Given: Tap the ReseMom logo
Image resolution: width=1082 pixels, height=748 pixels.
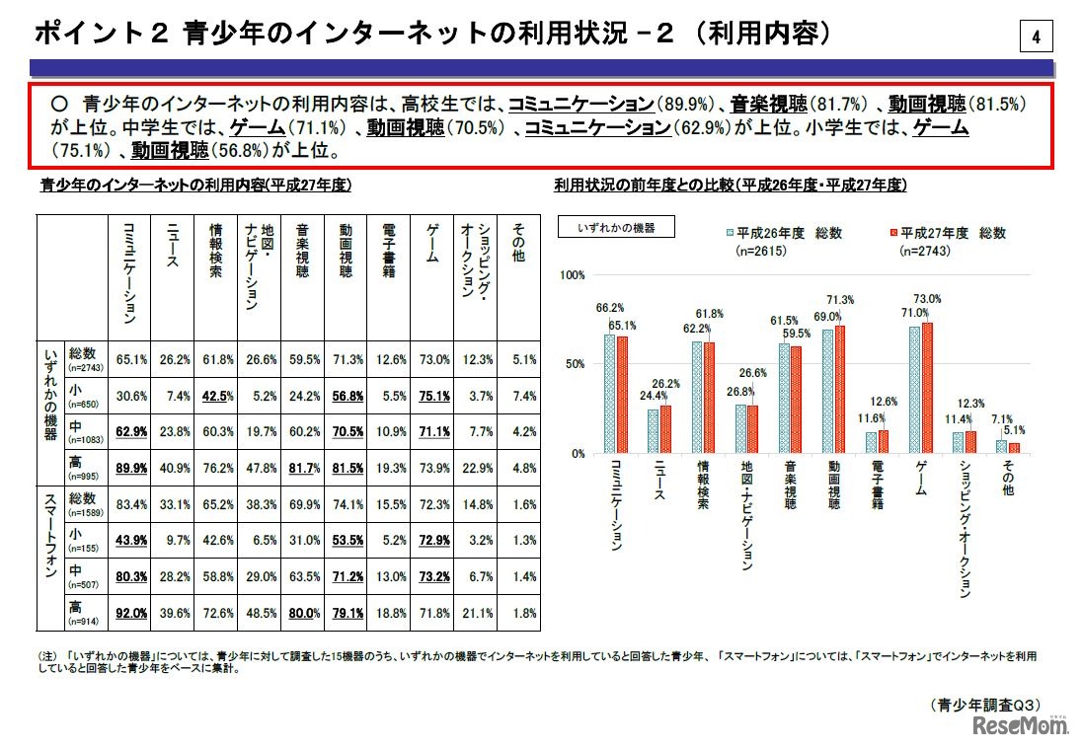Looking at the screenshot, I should (x=1021, y=725).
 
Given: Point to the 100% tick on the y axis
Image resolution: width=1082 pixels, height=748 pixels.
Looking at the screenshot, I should (x=572, y=274).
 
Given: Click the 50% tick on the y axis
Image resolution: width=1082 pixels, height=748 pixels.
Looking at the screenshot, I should (x=574, y=364).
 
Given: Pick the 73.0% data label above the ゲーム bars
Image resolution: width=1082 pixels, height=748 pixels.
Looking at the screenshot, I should (x=927, y=298).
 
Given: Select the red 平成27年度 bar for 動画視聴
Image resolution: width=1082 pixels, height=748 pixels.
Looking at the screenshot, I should (x=840, y=389).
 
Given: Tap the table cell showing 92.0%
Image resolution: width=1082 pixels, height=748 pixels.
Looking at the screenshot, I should (x=131, y=613).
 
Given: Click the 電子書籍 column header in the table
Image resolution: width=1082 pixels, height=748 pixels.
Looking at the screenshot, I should (x=389, y=251).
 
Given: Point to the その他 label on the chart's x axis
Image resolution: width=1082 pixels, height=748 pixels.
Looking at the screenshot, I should (x=1007, y=478).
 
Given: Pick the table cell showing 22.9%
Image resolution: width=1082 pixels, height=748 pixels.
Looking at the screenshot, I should (x=478, y=469).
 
